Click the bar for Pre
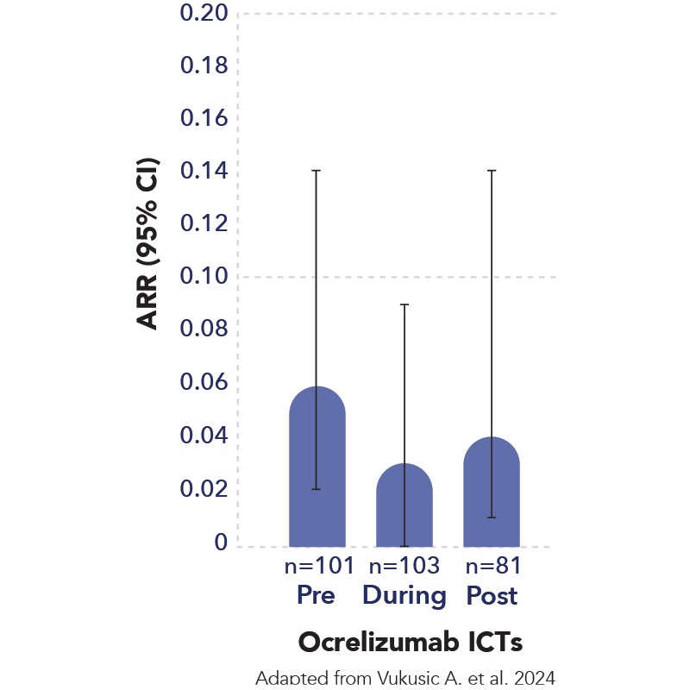[317, 470]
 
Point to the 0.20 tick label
[204, 14]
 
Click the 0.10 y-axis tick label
[204, 278]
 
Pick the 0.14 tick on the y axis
[204, 172]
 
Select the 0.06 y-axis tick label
[204, 383]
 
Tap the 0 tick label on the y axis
[222, 543]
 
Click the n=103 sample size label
[405, 567]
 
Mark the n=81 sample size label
[492, 567]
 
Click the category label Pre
[317, 595]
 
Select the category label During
[405, 595]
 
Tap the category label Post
[492, 595]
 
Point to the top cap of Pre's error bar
[317, 171]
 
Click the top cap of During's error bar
[405, 304]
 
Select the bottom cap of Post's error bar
[492, 517]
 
